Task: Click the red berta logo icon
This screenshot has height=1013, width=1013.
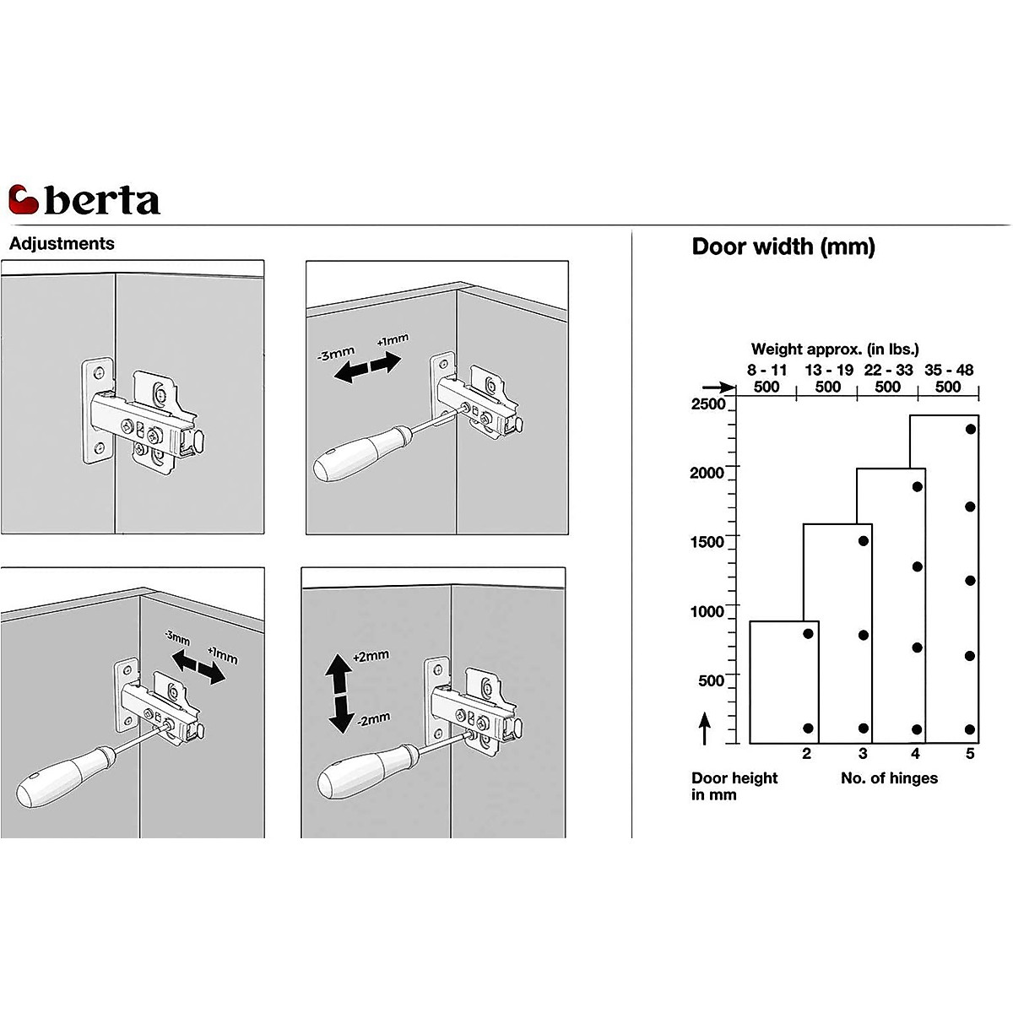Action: [x=24, y=200]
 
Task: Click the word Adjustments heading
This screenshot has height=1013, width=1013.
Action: [x=62, y=244]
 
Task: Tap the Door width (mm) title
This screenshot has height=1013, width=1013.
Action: [x=783, y=246]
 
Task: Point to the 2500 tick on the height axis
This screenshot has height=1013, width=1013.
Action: [x=708, y=404]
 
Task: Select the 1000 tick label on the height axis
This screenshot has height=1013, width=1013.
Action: [x=707, y=611]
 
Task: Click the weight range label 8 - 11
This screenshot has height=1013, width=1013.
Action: [x=766, y=371]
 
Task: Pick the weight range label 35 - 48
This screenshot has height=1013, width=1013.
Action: [x=949, y=371]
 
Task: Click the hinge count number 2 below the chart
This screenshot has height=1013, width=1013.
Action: [x=806, y=754]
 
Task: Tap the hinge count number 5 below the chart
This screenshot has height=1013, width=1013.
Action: [x=970, y=754]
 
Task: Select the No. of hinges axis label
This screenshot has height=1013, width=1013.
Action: [x=889, y=778]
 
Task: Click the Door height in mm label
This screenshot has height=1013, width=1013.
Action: [x=734, y=786]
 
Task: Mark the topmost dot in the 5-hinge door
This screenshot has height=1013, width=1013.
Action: [x=971, y=429]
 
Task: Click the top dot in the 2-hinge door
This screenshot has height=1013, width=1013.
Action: [x=808, y=633]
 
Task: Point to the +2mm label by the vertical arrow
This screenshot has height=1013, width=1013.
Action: [x=371, y=656]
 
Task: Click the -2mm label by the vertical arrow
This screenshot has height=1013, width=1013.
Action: [x=372, y=719]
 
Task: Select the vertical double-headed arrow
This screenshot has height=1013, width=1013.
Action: [x=339, y=692]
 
